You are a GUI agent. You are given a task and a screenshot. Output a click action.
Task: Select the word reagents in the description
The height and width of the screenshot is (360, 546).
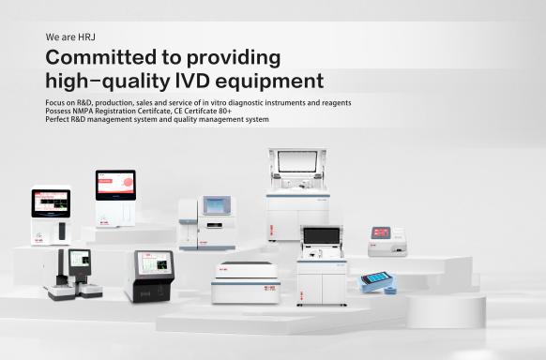pos(334,101)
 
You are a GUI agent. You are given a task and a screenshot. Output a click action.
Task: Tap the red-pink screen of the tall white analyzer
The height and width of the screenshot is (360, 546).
pos(115,183)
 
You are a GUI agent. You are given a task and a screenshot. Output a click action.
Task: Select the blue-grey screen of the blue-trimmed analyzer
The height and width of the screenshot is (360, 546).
pos(219,205)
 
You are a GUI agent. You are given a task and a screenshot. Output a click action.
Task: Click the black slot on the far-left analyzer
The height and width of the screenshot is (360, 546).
pos(62,231)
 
